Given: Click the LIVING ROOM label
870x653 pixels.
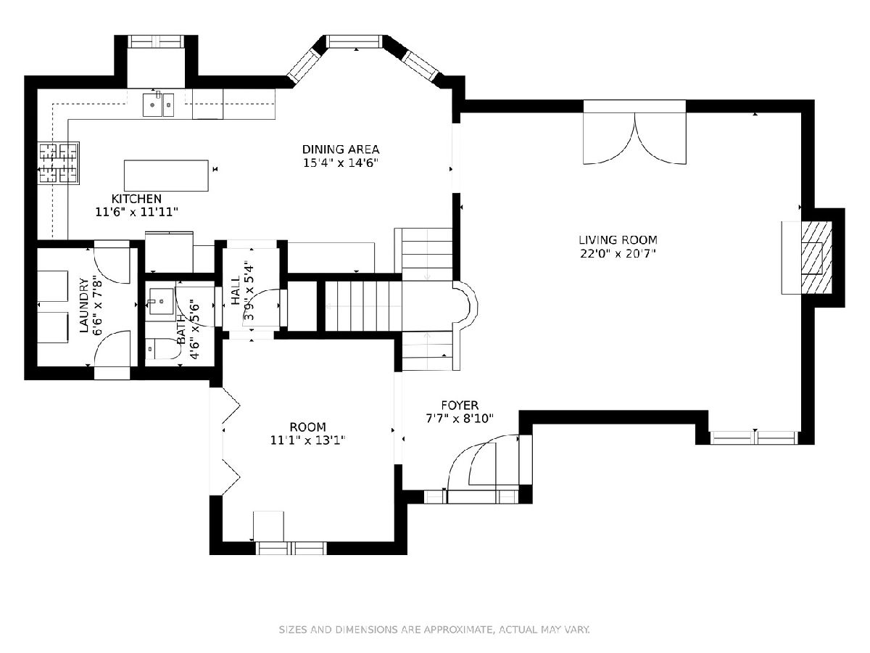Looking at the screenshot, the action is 618,240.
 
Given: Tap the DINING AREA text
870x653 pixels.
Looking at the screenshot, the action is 341,149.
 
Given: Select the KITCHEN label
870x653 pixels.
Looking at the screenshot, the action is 136,199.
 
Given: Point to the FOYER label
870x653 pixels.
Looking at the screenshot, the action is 460,405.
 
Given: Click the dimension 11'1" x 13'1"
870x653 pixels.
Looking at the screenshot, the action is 308,440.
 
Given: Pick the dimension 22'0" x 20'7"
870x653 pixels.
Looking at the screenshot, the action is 618,253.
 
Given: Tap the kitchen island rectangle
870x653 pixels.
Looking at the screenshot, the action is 166,176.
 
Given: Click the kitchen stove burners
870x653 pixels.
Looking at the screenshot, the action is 59,163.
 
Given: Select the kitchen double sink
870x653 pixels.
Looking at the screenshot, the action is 159,104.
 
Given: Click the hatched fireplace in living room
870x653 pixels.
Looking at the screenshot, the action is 816,258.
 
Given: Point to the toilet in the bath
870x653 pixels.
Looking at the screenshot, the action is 160,348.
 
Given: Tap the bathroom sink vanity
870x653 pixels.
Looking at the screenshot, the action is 162,301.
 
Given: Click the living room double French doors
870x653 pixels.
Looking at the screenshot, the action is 634,138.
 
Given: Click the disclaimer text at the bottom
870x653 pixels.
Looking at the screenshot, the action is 435,629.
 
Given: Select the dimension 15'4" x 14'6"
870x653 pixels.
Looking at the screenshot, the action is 341,163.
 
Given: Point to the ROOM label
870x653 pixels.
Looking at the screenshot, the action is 308,427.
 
